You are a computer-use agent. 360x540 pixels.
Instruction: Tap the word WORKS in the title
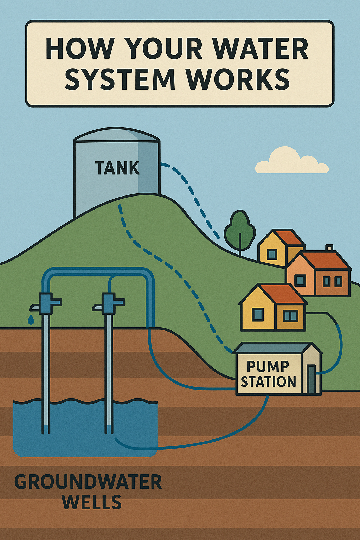(x=238, y=79)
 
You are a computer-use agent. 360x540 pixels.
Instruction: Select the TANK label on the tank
(x=117, y=168)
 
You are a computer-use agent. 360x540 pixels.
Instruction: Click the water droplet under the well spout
(x=31, y=320)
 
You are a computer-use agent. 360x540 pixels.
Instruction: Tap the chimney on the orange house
(x=329, y=247)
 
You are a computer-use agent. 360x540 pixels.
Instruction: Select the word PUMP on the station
(x=268, y=367)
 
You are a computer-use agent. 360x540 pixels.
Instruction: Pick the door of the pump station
(x=311, y=379)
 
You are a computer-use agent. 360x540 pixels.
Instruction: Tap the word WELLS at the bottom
(x=92, y=502)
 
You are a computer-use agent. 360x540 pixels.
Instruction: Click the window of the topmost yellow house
(x=272, y=254)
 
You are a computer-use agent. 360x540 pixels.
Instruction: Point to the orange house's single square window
(x=300, y=280)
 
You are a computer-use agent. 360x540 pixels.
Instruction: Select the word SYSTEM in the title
(x=120, y=79)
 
